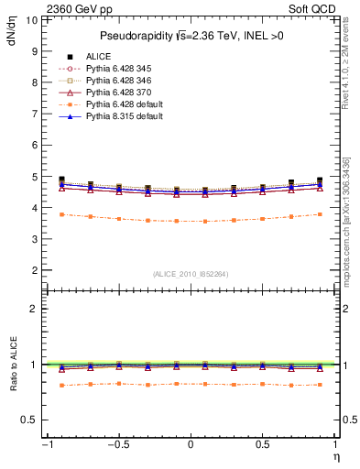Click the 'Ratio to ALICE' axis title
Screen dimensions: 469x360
13,366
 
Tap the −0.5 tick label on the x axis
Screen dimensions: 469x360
117,445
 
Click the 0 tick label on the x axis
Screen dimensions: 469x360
191,445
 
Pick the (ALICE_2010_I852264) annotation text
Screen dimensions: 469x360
190,274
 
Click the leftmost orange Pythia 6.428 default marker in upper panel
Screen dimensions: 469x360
62,214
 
